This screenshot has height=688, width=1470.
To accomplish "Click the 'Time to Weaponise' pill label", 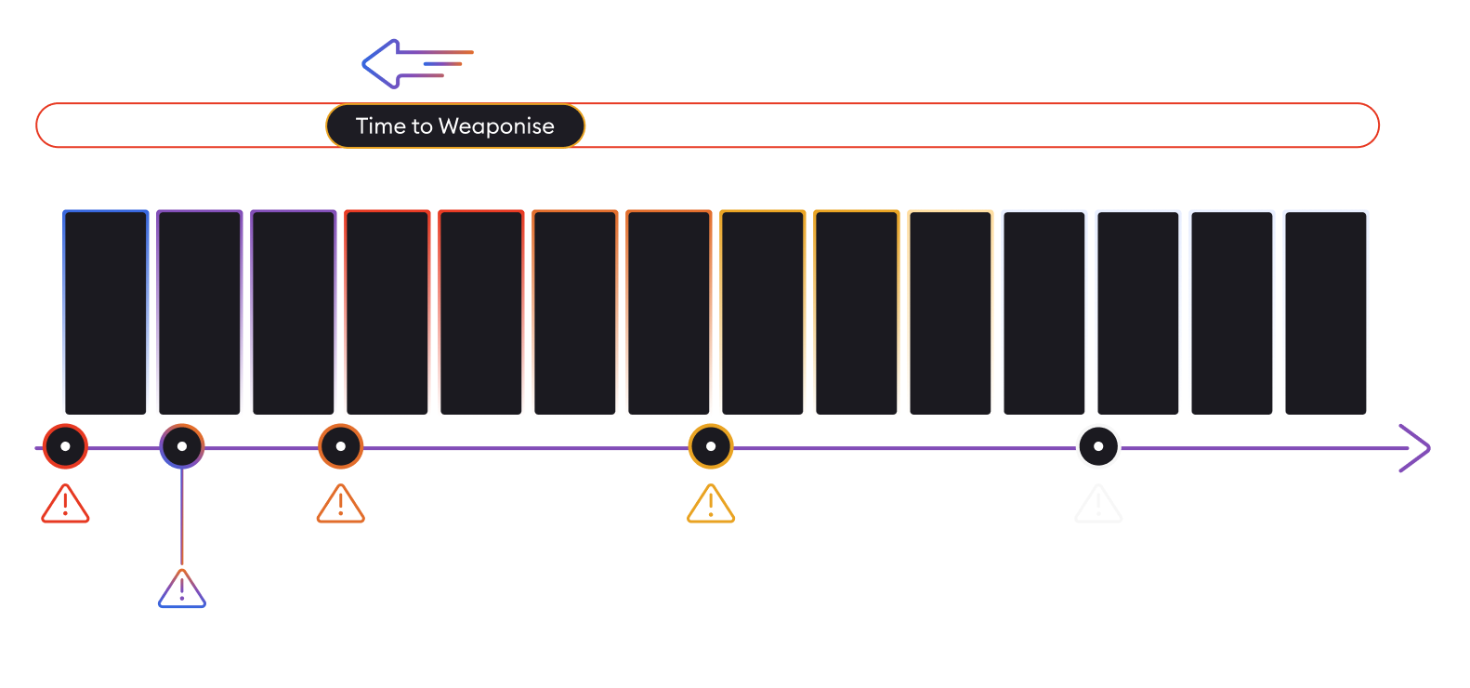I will [455, 126].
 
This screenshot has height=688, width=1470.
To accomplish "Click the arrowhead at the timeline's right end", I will [1415, 448].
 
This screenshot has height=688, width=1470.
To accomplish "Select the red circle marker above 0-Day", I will [65, 447].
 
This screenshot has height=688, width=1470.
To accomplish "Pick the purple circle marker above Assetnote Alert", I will [182, 447].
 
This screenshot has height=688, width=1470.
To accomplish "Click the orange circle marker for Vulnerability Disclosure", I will [341, 447].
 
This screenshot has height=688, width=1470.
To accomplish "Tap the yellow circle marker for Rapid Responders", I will [711, 447].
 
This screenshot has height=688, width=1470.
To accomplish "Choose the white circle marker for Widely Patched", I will [1098, 447].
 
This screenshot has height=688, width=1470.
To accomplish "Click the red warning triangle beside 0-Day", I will [64, 505].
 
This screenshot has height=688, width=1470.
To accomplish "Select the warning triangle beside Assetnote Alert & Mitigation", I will [181, 589].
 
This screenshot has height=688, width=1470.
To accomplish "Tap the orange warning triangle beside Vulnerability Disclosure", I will [340, 505].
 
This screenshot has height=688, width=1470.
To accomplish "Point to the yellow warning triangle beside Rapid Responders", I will [711, 505].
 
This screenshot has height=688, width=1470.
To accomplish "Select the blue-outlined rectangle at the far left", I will [106, 312].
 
